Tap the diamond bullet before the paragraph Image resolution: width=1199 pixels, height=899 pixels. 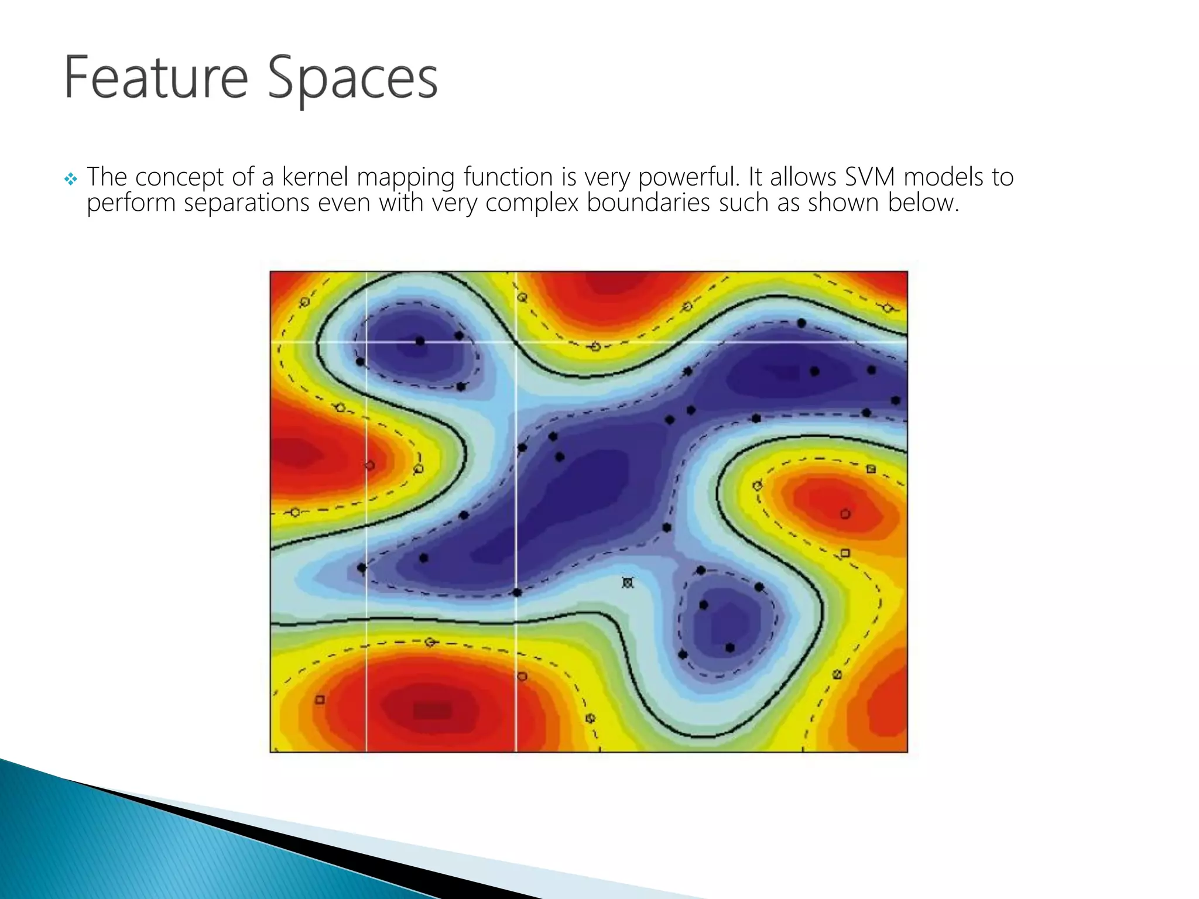pos(70,180)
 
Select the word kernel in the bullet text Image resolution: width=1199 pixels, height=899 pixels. pos(314,177)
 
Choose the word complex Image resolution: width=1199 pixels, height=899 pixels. pos(532,204)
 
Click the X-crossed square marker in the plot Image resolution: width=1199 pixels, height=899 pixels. pos(628,583)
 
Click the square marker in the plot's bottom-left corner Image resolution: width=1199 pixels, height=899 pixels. pos(320,700)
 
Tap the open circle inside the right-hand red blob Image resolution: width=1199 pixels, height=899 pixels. pos(845,514)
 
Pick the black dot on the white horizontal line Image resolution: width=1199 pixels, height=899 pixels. pos(420,341)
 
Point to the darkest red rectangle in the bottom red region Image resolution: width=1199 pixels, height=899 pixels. pos(432,711)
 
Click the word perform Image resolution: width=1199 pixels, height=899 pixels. pos(131,204)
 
